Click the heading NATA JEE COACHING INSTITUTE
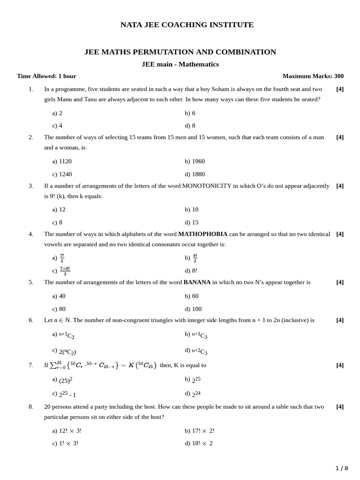[x=187, y=25]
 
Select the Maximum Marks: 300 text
[x=313, y=76]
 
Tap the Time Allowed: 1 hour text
[x=46, y=76]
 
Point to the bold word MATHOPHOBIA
[x=202, y=234]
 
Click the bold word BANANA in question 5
[x=197, y=282]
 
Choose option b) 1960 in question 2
[x=195, y=161]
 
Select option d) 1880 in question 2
[x=195, y=174]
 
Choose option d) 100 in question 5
[x=193, y=309]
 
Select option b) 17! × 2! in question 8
[x=200, y=430]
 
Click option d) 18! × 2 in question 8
[x=198, y=443]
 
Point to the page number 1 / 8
[x=342, y=468]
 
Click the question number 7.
[x=31, y=365]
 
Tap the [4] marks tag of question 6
[x=340, y=320]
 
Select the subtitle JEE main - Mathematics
[x=180, y=64]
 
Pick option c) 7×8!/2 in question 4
[x=61, y=270]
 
